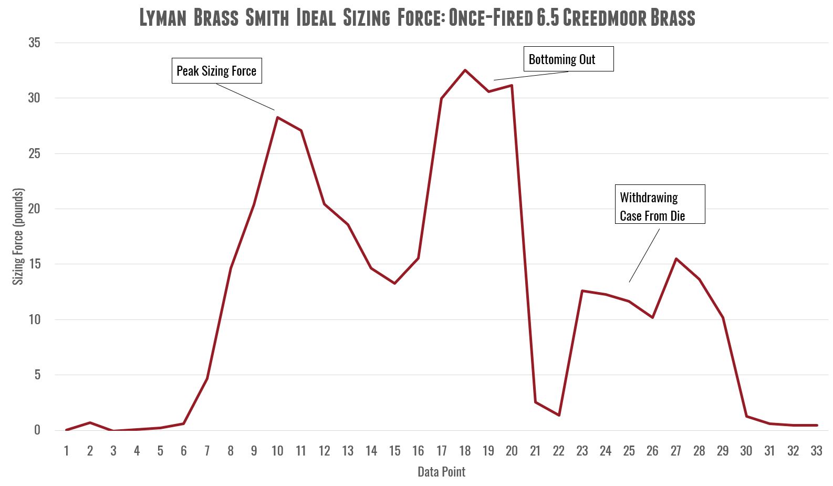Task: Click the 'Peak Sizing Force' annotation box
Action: click(x=216, y=70)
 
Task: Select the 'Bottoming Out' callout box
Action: click(x=568, y=59)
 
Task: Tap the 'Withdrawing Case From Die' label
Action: click(x=660, y=204)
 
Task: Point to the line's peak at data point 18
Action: click(x=465, y=70)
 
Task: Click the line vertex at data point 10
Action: click(x=277, y=117)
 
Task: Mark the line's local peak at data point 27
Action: click(x=676, y=258)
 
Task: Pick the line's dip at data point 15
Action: click(x=394, y=283)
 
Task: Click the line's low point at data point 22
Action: click(x=559, y=415)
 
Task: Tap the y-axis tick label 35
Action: click(x=34, y=43)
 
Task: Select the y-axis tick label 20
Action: click(x=34, y=209)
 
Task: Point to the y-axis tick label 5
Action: click(x=37, y=375)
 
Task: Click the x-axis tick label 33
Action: click(x=816, y=451)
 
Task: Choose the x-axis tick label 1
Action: click(x=67, y=451)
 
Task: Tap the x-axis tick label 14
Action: click(x=371, y=451)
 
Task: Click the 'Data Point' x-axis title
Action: click(x=441, y=472)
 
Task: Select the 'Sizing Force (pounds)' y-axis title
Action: click(x=18, y=236)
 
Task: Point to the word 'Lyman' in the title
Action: click(x=163, y=17)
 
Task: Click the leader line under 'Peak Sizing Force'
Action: click(x=245, y=97)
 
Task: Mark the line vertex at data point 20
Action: click(x=512, y=85)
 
